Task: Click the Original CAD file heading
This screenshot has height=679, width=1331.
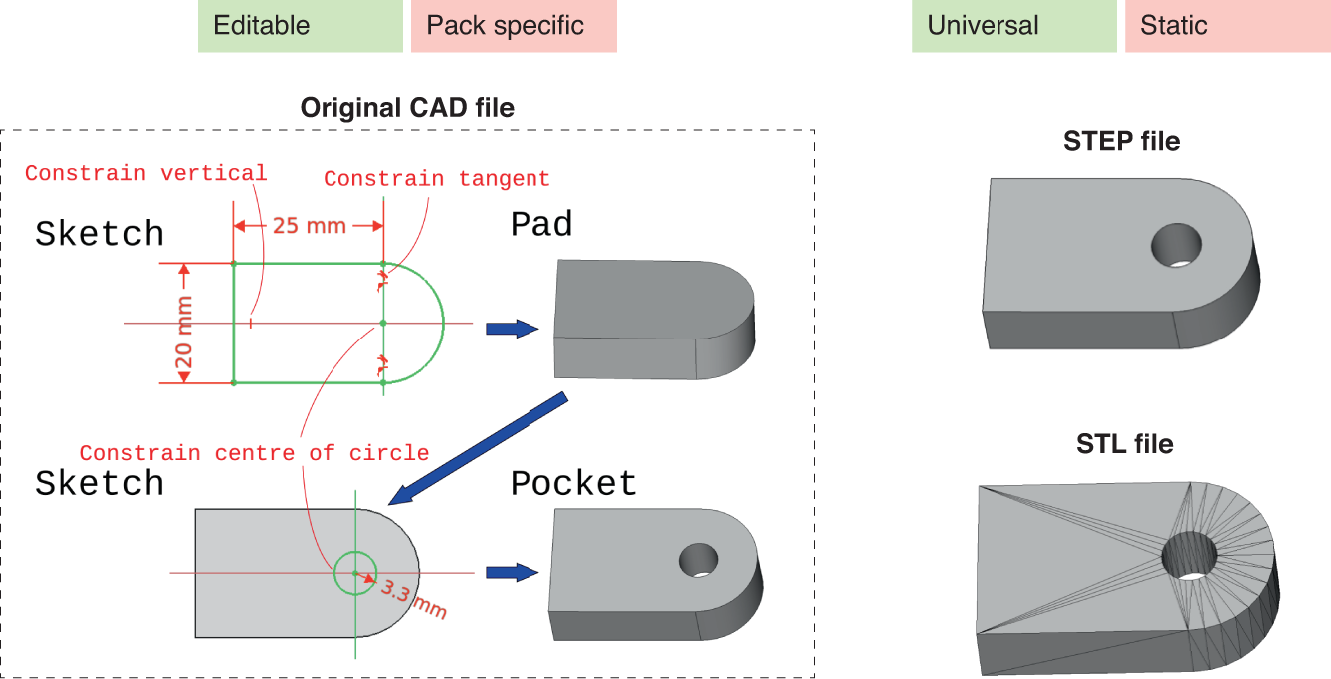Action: click(x=407, y=108)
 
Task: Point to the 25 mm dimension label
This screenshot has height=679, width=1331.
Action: click(x=309, y=226)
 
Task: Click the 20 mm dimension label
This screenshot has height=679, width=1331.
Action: click(x=184, y=324)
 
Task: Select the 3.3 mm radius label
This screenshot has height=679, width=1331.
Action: click(x=412, y=597)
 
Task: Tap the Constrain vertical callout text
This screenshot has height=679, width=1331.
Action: click(x=146, y=173)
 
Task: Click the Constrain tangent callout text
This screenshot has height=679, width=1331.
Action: click(x=436, y=179)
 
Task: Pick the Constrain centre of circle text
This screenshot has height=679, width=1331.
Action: click(x=255, y=453)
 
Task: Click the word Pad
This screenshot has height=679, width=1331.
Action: click(x=541, y=224)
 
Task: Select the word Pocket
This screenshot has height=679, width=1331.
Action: click(x=573, y=483)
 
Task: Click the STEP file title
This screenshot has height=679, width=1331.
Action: click(x=1122, y=142)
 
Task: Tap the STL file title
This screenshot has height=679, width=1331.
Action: click(x=1124, y=443)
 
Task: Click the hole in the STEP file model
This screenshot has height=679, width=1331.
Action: click(x=1175, y=245)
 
